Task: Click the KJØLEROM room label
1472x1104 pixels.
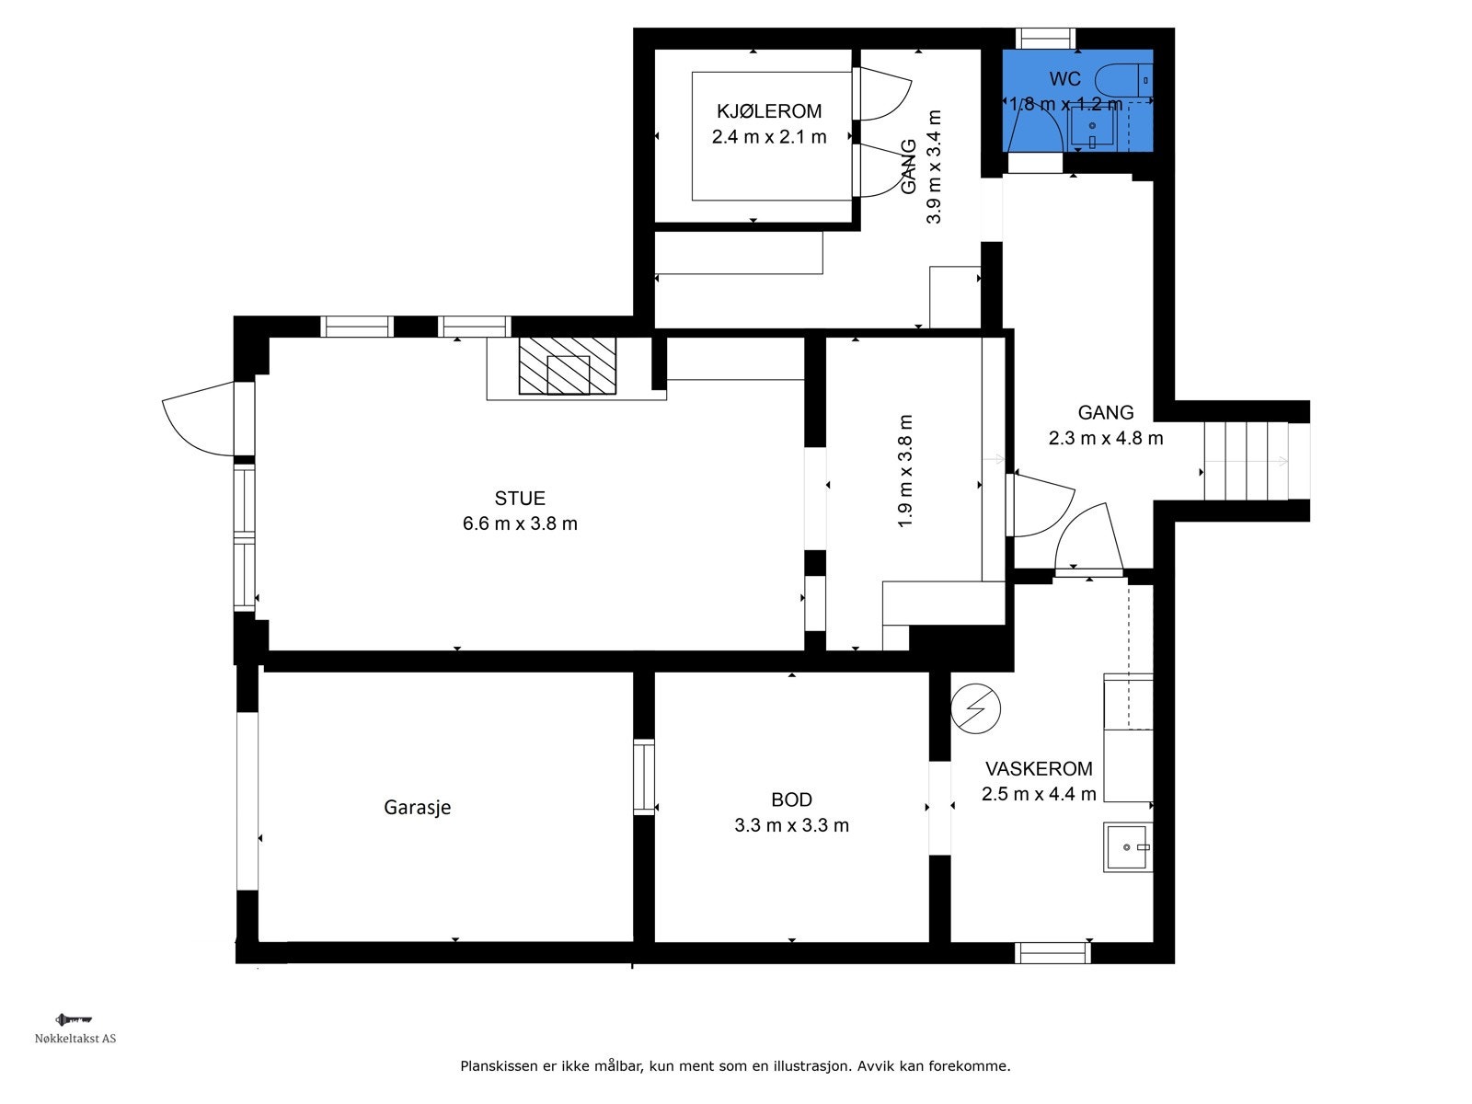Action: click(x=769, y=111)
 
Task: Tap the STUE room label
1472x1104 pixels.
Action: click(x=520, y=498)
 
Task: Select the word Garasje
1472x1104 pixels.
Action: click(x=417, y=807)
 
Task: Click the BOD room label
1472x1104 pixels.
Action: click(x=791, y=799)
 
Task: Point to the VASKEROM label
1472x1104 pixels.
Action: click(x=1039, y=769)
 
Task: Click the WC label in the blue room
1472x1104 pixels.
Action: click(x=1065, y=79)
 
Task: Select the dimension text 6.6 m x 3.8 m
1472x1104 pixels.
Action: click(x=520, y=523)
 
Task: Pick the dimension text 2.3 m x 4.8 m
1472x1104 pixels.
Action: click(x=1106, y=439)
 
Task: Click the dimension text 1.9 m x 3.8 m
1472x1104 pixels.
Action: click(x=905, y=471)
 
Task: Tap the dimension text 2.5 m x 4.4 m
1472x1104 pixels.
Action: click(x=1039, y=794)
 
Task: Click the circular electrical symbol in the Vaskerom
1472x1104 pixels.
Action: click(x=976, y=708)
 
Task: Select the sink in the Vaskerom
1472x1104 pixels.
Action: click(x=1128, y=847)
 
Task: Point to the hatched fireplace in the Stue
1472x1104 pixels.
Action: click(x=568, y=365)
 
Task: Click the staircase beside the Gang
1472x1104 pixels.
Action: click(x=1257, y=461)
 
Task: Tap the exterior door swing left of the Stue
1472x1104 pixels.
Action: click(x=199, y=419)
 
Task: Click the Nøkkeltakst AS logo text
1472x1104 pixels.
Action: click(x=75, y=1039)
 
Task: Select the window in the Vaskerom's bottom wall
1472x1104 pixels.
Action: click(x=1052, y=952)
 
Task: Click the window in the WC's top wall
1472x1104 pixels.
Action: click(x=1045, y=39)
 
